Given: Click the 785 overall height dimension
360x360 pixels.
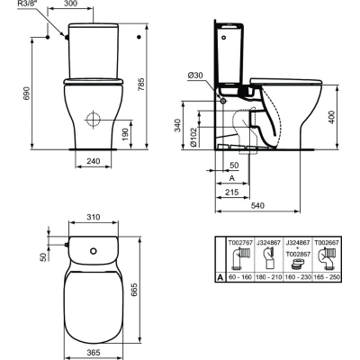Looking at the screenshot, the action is pos(141,85).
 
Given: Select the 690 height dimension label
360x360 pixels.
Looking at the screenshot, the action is pos(27,94).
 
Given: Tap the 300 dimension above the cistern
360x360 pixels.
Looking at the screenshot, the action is pos(71,4).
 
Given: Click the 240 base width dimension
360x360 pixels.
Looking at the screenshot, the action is pos(94,161).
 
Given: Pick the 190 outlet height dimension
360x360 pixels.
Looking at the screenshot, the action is pos(125,134).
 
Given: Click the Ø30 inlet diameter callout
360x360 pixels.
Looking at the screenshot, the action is pos(195,76).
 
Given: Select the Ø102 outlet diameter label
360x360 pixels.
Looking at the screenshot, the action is pos(193,137).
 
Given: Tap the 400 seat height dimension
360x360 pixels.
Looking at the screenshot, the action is pos(331,117).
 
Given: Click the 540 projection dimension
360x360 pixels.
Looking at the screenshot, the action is pos(257,205).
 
